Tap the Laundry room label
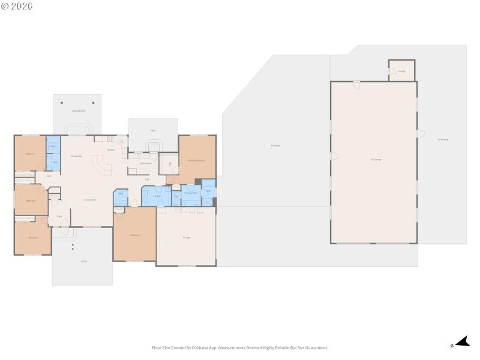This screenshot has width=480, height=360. click(x=157, y=196)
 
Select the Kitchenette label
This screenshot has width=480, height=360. click(x=145, y=163)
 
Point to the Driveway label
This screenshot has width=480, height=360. click(x=275, y=145)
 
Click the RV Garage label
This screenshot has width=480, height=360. click(x=376, y=159)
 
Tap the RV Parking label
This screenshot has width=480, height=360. click(x=443, y=140)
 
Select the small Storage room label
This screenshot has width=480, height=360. click(x=402, y=71)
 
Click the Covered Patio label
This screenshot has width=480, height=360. click(x=77, y=111)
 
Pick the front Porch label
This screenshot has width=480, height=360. click(x=84, y=261)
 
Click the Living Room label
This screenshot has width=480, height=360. click(x=90, y=200)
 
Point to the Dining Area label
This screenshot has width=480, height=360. click(x=76, y=156)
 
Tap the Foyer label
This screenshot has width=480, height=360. click(x=59, y=216)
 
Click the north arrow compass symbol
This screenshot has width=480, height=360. click(x=461, y=342)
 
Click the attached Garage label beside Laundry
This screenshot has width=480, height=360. click(x=187, y=238)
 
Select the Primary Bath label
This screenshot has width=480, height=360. click(x=191, y=193)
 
